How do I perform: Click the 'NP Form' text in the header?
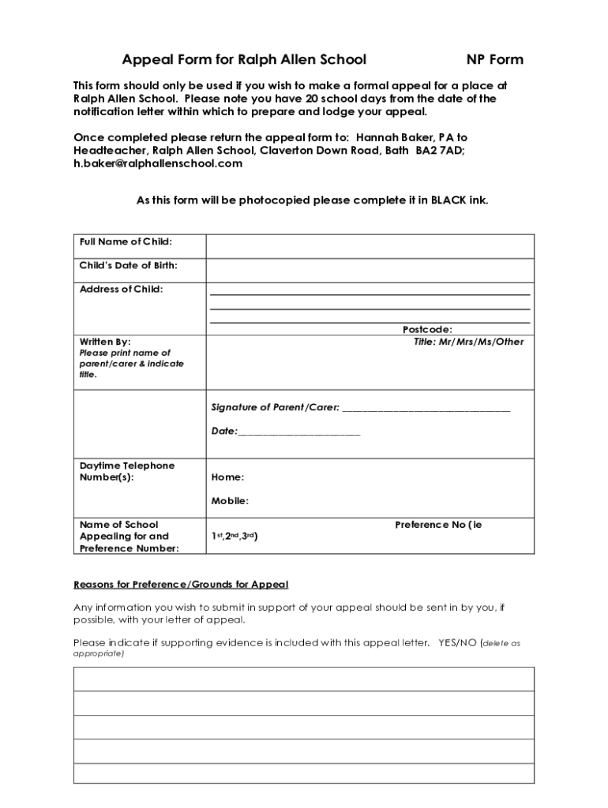(x=494, y=60)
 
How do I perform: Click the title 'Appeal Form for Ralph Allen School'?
(x=244, y=60)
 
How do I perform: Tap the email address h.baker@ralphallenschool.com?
(x=158, y=163)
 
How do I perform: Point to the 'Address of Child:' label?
(x=122, y=290)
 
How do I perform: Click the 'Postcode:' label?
(x=427, y=330)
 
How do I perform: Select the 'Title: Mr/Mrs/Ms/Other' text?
(x=468, y=342)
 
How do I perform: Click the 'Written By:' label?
(x=106, y=342)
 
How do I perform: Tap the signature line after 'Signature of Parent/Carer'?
(x=426, y=409)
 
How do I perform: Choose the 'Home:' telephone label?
(x=227, y=477)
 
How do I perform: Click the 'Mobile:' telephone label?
(x=230, y=501)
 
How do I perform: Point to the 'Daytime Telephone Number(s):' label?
(x=127, y=471)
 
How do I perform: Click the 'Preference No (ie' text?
(x=437, y=525)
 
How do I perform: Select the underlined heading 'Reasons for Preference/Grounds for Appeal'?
(x=181, y=585)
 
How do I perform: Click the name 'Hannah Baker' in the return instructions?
(x=392, y=137)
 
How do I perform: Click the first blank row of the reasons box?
(x=303, y=679)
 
